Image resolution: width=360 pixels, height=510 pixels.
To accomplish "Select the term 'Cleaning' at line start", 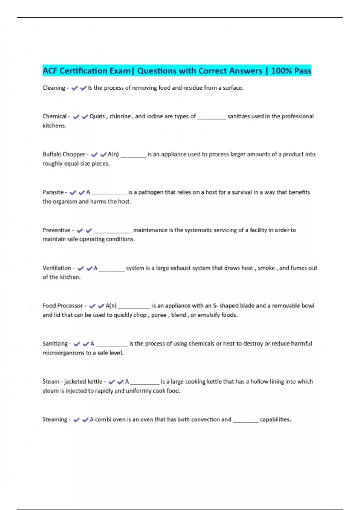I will (54, 88).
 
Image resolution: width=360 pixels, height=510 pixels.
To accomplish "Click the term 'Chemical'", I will (55, 116).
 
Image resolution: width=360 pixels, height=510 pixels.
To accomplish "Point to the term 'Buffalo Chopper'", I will (64, 154).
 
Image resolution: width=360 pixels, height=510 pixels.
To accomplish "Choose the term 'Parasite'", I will (53, 192).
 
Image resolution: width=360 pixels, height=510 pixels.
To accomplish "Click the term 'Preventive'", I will (56, 230).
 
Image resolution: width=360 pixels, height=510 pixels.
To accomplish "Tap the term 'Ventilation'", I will (57, 268).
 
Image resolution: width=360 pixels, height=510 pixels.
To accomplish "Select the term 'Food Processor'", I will (62, 306).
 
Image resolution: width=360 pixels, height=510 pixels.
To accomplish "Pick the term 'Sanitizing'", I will (55, 344).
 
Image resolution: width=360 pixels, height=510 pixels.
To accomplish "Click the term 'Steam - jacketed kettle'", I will (72, 382).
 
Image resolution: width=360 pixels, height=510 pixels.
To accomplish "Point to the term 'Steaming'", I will (55, 419).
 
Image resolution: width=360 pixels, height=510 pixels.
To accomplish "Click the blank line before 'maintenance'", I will (112, 231).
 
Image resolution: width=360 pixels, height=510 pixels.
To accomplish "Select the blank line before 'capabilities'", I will (245, 421).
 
